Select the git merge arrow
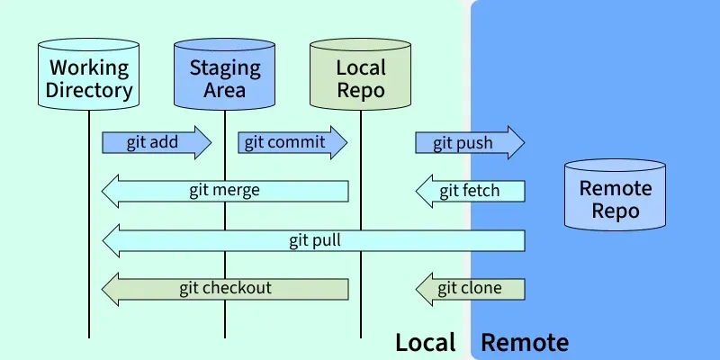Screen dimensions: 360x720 pyautogui.click(x=224, y=191)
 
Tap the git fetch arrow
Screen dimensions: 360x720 pyautogui.click(x=470, y=191)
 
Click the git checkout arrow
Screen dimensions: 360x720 pyautogui.click(x=224, y=289)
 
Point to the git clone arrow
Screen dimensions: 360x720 pyautogui.click(x=470, y=289)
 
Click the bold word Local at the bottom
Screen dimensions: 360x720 pyautogui.click(x=426, y=343)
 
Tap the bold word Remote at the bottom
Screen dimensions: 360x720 pyautogui.click(x=525, y=343)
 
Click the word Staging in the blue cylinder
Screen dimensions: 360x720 pyautogui.click(x=224, y=67)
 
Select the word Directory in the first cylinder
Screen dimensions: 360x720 pyautogui.click(x=89, y=90)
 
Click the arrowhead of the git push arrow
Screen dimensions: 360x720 pyautogui.click(x=513, y=142)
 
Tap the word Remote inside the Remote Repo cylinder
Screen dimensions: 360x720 pyautogui.click(x=615, y=189)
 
